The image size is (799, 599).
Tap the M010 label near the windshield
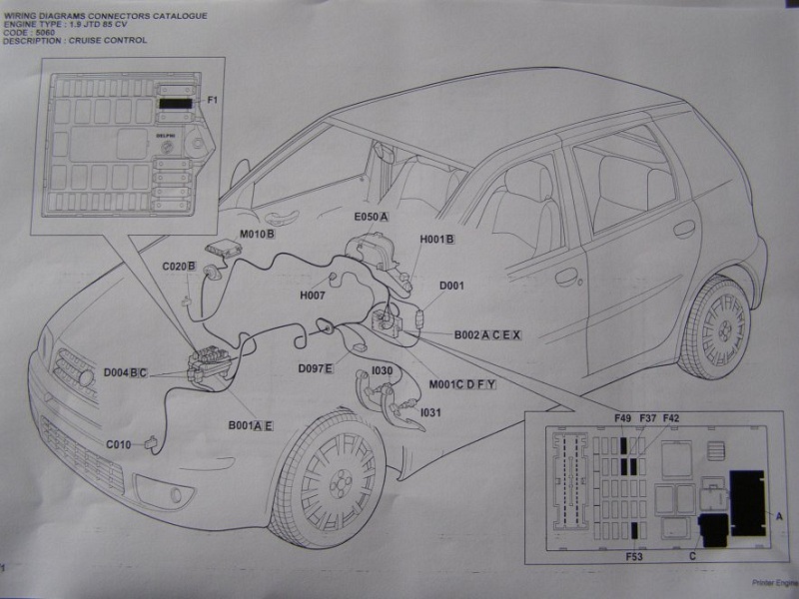[x=255, y=235]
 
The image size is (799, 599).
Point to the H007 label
[x=313, y=297]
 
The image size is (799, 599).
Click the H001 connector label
[x=436, y=240]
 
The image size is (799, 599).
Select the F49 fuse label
[x=623, y=419]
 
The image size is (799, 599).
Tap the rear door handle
[x=684, y=229]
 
